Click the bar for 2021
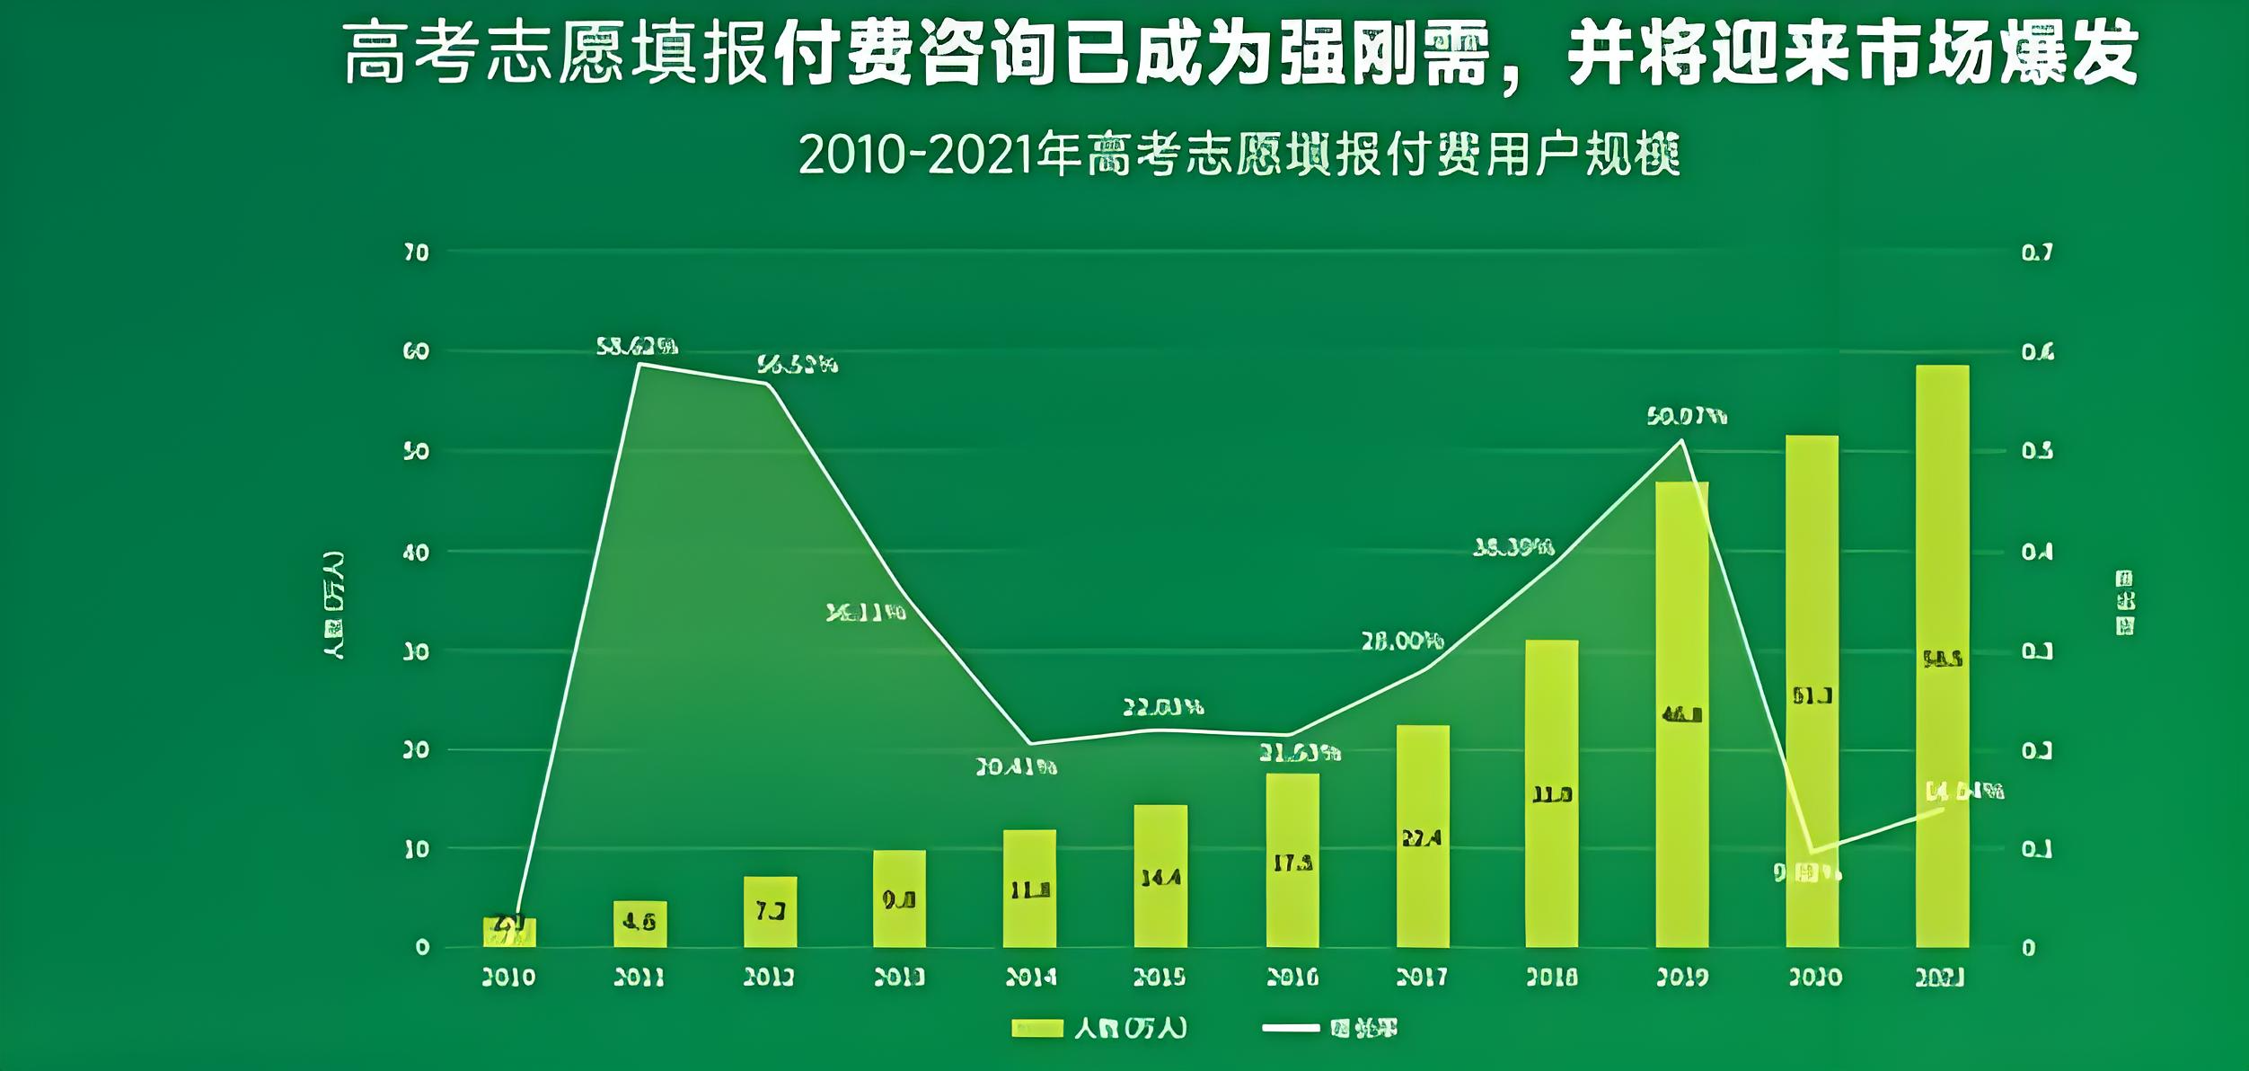1942,656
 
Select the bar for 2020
1812,691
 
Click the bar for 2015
1160,876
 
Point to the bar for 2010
509,933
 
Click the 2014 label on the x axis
1030,977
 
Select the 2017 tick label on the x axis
1421,977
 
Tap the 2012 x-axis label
769,977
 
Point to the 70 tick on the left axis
416,252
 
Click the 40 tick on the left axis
416,552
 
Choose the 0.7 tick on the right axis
2037,252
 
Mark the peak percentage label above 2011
637,346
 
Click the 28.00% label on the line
1402,642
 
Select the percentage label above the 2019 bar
1687,416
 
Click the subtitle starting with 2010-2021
1239,155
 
